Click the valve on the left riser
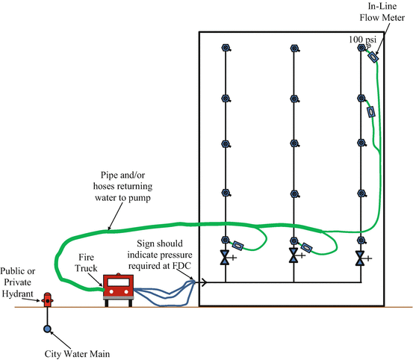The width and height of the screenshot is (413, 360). click(x=225, y=257)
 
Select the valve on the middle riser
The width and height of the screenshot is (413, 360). click(x=294, y=257)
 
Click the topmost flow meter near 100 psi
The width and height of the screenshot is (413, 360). click(x=373, y=56)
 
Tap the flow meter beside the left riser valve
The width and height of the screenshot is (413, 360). click(x=238, y=245)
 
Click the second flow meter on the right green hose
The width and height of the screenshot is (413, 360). click(x=370, y=112)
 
